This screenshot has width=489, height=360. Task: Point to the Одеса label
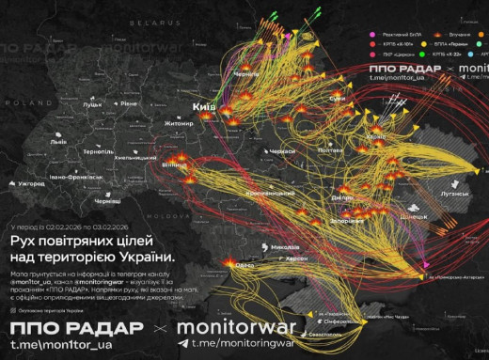(244, 265)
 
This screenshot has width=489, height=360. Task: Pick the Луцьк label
(91, 105)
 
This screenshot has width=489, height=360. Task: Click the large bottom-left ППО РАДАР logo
(76, 328)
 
